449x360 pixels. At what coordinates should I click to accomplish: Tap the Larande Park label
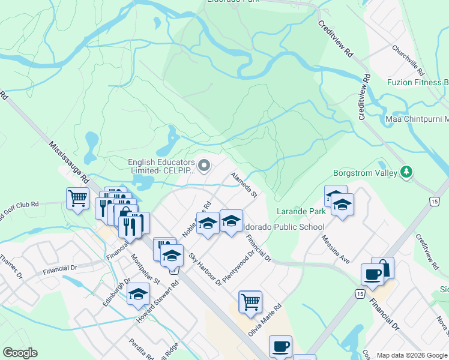pos(301,211)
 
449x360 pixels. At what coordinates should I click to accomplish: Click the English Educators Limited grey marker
pos(205,164)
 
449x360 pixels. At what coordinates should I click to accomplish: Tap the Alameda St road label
pos(244,185)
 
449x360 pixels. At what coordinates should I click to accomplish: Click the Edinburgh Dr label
pos(116,292)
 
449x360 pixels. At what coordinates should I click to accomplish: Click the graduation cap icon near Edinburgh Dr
pos(138,294)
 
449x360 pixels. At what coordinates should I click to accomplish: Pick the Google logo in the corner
pos(20,353)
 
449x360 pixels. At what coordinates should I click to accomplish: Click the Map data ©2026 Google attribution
pos(412,355)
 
